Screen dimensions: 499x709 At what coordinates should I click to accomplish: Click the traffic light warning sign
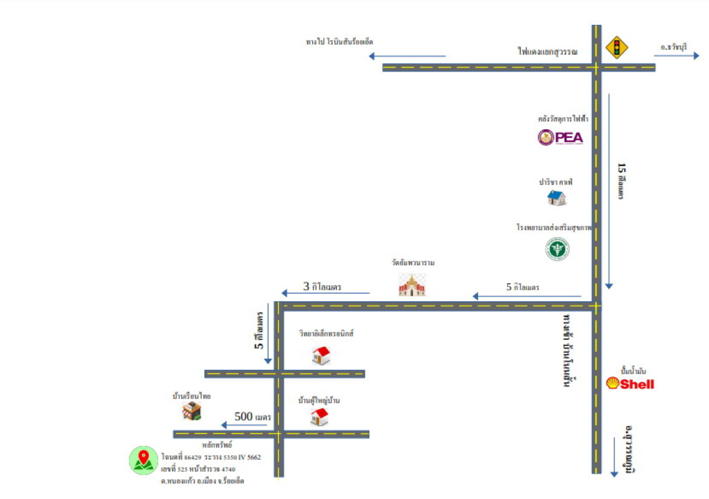coord(617,47)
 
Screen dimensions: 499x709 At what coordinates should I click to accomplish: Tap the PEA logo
coord(561,137)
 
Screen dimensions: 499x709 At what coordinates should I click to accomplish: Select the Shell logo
coord(630,384)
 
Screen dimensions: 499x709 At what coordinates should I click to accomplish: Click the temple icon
coord(412,285)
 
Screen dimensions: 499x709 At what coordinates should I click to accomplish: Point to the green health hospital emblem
coord(557,249)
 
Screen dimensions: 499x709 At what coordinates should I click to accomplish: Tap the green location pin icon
coord(143,460)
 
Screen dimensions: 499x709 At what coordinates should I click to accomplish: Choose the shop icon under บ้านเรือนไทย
coord(192,411)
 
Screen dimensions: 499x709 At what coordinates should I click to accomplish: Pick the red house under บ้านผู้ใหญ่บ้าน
coord(320,417)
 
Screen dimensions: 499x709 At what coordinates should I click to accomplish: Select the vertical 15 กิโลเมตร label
coord(621,181)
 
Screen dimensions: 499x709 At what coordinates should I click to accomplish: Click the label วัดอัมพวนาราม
coord(409,263)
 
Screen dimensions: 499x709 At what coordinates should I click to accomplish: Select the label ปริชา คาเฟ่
coord(556,182)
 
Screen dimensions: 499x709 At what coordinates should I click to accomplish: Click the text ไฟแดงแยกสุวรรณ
coord(547,51)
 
